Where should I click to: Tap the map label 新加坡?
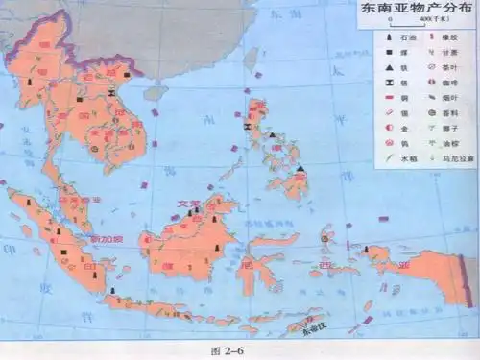coord(102,237)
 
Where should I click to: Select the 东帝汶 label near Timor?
coord(314,324)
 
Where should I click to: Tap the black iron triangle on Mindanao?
coord(300,169)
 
